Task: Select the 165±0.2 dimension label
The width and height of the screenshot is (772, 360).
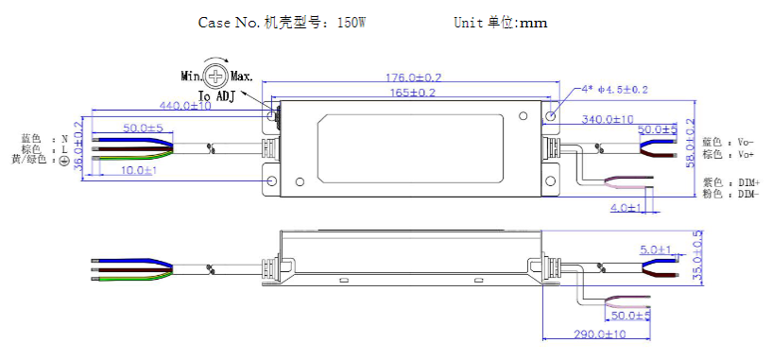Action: click(406, 93)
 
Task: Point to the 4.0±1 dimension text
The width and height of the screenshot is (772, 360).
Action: click(626, 206)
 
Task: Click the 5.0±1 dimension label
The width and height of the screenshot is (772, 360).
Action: click(656, 249)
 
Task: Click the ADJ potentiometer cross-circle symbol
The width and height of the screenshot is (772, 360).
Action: click(217, 76)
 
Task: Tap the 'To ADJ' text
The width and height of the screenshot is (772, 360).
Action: click(216, 95)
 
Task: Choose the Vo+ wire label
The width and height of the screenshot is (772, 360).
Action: click(730, 154)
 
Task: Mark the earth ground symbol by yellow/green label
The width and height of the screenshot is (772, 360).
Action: click(64, 162)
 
